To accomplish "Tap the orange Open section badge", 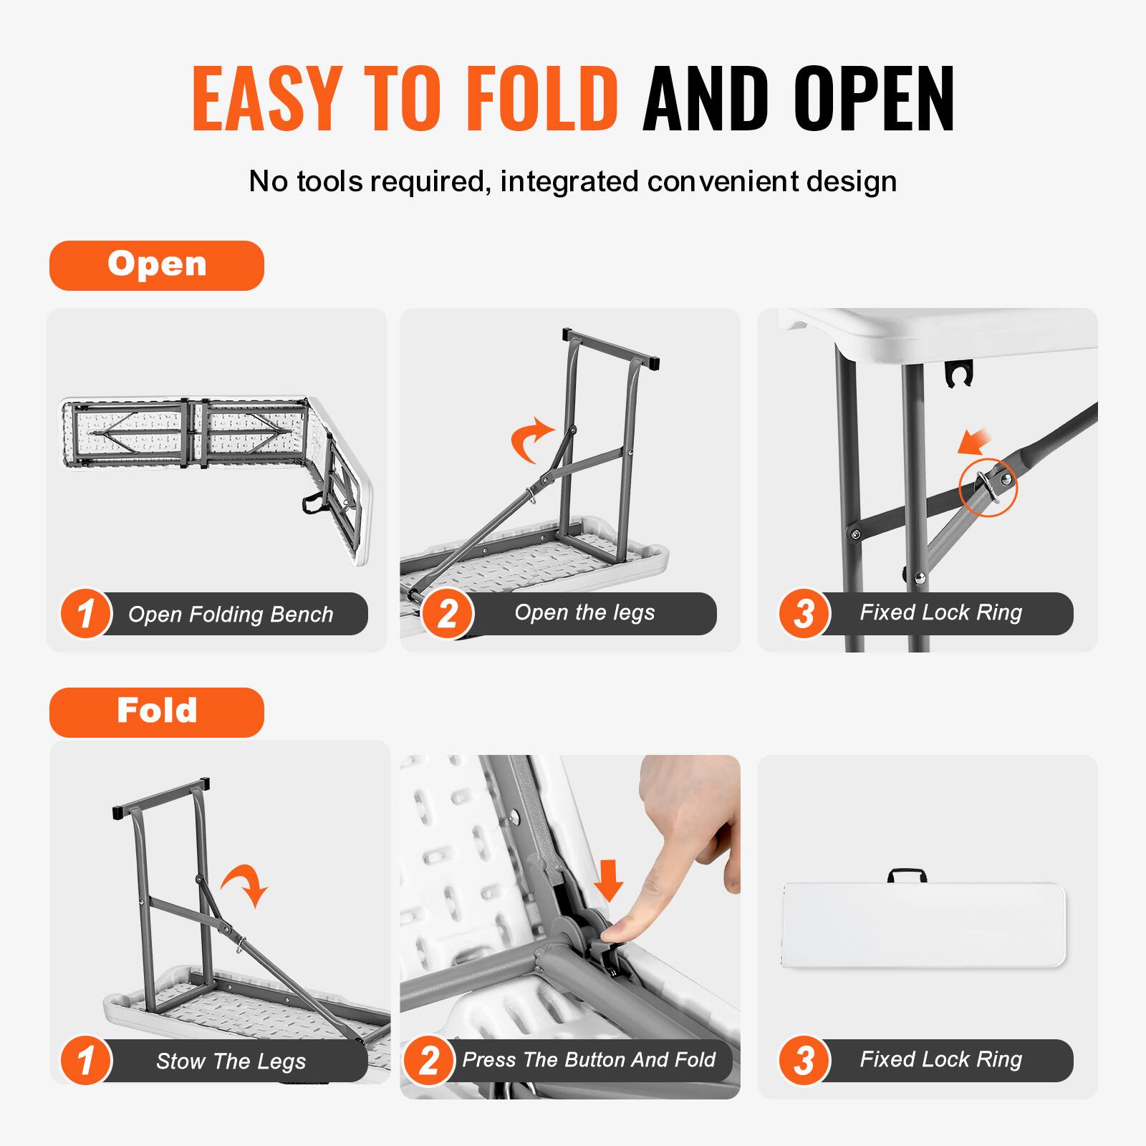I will pos(157,265).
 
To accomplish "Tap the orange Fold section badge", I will pos(157,712).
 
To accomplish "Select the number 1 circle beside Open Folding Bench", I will pos(86,614).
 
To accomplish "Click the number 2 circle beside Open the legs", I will pos(447,614).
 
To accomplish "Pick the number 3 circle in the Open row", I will pos(804,614).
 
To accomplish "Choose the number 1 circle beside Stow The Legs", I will pos(86,1061).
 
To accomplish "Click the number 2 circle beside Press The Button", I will pos(428,1061).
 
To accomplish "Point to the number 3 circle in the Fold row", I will pos(804,1061).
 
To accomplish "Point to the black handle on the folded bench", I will pos(907,875).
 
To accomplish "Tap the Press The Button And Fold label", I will pos(588,1060).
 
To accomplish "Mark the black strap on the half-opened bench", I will pos(313,503).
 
